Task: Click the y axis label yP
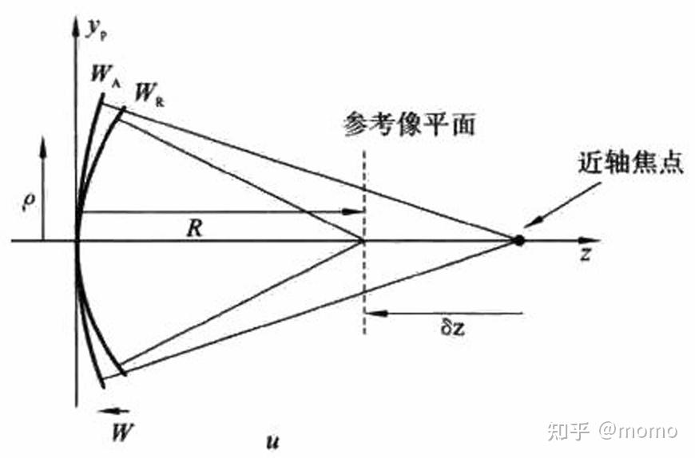pos(97,29)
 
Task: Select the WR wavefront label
pos(149,94)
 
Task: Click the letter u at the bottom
pos(272,440)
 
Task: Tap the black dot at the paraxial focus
pos(518,239)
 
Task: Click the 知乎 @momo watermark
pos(611,432)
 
